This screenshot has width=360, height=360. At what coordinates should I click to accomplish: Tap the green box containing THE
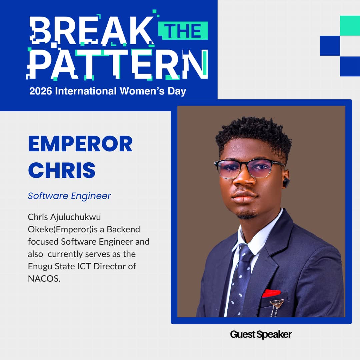(x=184, y=31)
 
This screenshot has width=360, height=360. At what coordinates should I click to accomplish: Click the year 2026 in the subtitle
(x=41, y=91)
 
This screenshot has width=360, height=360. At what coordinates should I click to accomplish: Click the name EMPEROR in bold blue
(x=80, y=144)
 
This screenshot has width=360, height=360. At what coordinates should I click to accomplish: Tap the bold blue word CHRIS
(x=62, y=169)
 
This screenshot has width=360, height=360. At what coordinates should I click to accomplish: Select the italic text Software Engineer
(x=69, y=196)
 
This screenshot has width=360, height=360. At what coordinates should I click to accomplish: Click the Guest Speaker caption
(x=261, y=334)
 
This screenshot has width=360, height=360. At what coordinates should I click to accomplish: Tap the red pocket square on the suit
(x=271, y=293)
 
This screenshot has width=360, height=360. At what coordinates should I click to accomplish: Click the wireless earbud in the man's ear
(x=286, y=182)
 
